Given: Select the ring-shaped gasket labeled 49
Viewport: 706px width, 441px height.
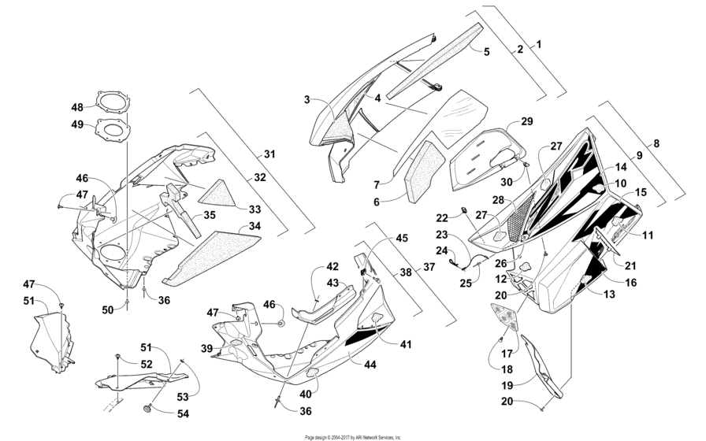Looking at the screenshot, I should click(111, 128).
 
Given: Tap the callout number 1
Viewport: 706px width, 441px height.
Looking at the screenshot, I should click(539, 44).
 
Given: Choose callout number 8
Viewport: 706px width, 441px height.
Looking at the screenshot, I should click(656, 144).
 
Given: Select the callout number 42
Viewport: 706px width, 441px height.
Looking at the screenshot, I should click(333, 266).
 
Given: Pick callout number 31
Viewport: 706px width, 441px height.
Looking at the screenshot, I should click(269, 154).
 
